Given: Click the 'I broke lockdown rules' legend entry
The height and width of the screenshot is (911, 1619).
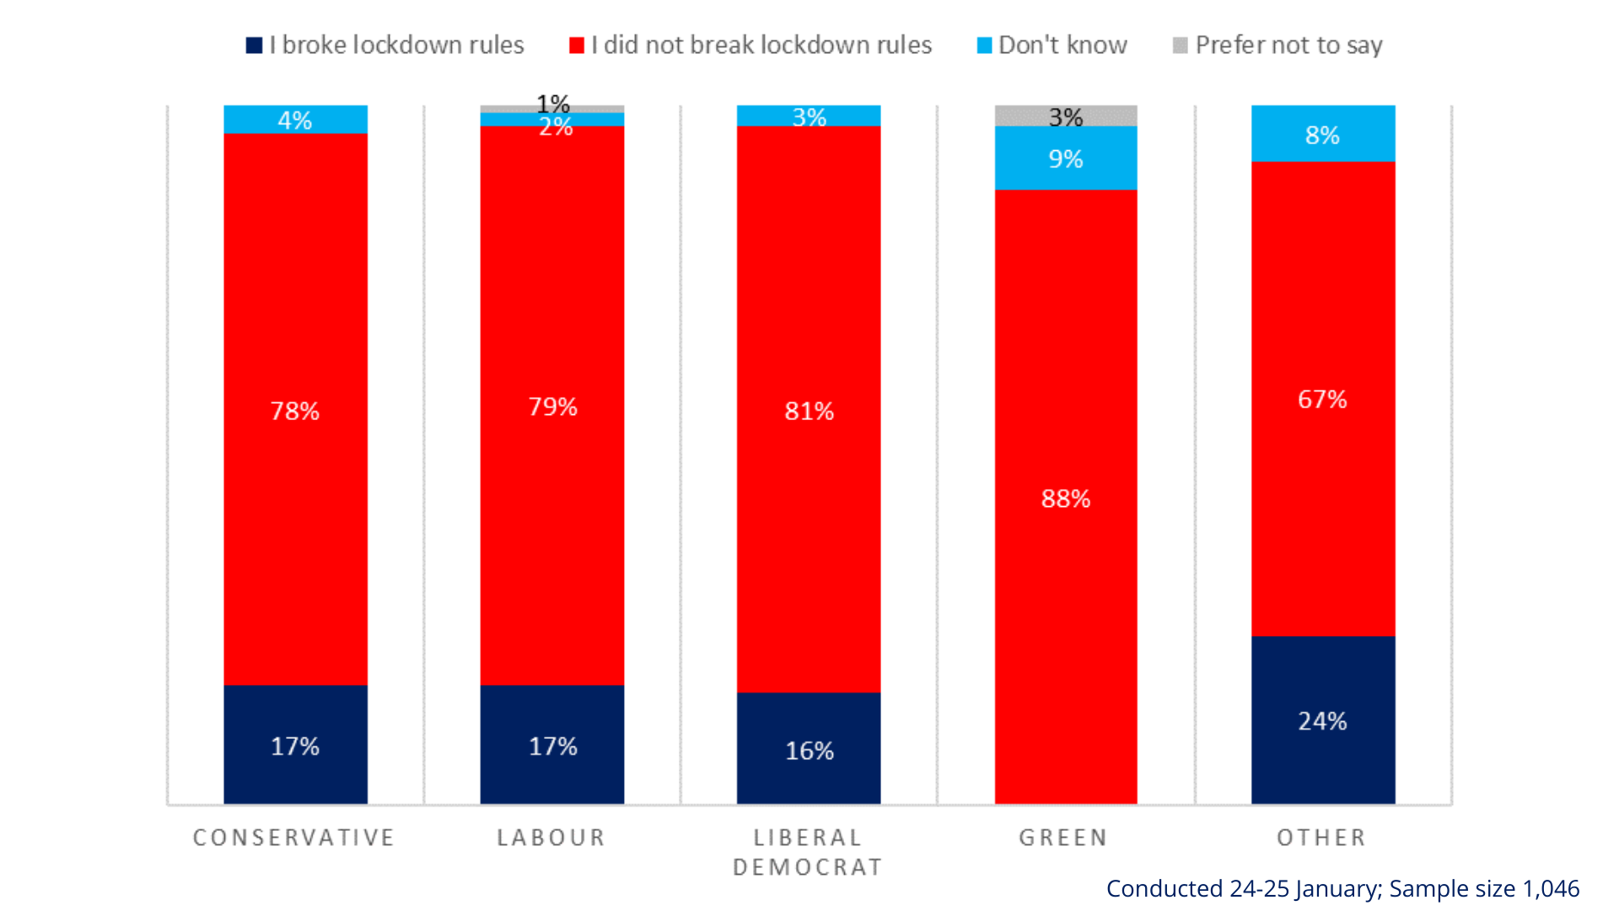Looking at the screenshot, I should (x=385, y=45).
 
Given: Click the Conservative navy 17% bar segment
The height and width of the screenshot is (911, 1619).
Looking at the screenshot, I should (x=295, y=745).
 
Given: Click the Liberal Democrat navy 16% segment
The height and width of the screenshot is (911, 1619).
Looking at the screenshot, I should (x=808, y=749).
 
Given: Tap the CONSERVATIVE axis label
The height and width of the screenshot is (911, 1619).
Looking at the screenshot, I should (x=294, y=838).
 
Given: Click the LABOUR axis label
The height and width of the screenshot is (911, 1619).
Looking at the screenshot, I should (x=551, y=838).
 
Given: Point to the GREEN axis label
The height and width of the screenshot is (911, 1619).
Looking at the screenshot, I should (x=1063, y=838).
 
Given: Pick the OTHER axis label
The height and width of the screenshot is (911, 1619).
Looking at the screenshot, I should (x=1321, y=838).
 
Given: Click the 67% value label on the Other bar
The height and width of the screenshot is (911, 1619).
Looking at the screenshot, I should (x=1322, y=399).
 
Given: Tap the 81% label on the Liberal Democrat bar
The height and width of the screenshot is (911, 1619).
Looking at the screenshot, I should (x=809, y=411).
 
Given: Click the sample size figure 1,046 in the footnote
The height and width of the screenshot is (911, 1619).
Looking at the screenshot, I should (x=1551, y=888).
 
